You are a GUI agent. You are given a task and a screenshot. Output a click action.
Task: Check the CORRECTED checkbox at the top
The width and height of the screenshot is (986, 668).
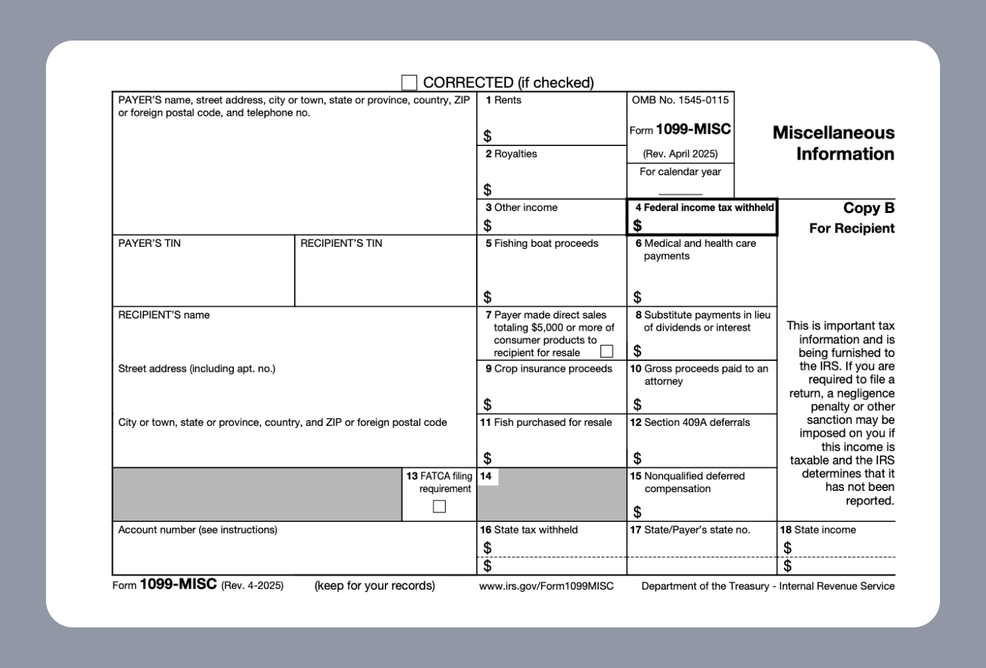pyautogui.click(x=409, y=82)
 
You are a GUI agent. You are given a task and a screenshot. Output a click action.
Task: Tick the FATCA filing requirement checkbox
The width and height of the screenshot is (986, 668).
pyautogui.click(x=440, y=506)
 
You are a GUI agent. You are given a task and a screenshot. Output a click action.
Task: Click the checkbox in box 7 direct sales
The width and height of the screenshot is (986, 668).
pyautogui.click(x=607, y=352)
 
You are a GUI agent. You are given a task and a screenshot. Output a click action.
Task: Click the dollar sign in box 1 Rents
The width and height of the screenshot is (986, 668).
pyautogui.click(x=488, y=137)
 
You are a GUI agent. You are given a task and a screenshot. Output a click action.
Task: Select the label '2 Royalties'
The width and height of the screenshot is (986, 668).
pyautogui.click(x=511, y=154)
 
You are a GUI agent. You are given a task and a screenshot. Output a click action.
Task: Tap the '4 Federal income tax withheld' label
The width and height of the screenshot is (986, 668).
pyautogui.click(x=704, y=208)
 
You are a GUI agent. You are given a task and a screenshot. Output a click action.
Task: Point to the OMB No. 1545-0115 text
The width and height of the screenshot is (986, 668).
pyautogui.click(x=680, y=100)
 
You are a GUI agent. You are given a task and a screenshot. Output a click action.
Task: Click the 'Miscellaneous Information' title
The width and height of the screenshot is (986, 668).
pyautogui.click(x=833, y=143)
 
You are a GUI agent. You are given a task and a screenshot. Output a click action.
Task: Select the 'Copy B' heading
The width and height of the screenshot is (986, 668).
pyautogui.click(x=868, y=208)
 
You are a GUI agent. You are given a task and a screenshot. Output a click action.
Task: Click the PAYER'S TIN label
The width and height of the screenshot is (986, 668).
pyautogui.click(x=149, y=243)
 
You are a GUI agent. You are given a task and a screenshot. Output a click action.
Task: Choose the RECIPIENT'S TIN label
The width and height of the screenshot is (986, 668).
pyautogui.click(x=342, y=243)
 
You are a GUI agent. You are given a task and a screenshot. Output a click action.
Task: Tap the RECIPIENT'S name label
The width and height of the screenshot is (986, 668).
pyautogui.click(x=164, y=315)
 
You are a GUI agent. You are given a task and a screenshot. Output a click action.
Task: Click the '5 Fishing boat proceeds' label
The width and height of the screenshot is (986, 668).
pyautogui.click(x=542, y=243)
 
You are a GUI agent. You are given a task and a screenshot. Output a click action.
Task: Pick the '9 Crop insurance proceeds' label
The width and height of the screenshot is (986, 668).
pyautogui.click(x=548, y=368)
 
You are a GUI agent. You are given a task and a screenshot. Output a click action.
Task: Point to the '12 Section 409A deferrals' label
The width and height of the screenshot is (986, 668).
pyautogui.click(x=690, y=423)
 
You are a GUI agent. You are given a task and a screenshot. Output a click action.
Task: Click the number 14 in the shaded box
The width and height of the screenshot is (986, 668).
pyautogui.click(x=486, y=476)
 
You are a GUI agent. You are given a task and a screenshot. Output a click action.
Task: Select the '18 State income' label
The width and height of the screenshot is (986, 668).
pyautogui.click(x=818, y=530)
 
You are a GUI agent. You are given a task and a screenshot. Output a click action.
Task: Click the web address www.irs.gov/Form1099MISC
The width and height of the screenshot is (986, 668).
pyautogui.click(x=546, y=586)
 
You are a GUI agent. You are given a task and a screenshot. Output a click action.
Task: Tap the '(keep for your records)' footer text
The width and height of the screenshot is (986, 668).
pyautogui.click(x=375, y=586)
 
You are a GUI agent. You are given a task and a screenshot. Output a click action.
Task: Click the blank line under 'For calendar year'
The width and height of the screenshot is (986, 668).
pyautogui.click(x=680, y=193)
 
